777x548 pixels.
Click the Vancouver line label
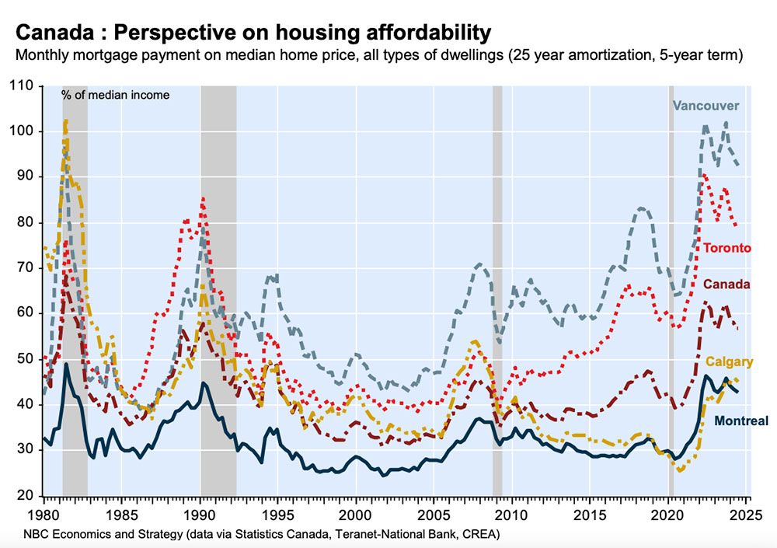pyautogui.click(x=706, y=106)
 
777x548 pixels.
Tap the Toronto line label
pyautogui.click(x=727, y=248)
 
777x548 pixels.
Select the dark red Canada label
pyautogui.click(x=726, y=284)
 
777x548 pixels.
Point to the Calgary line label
pyautogui.click(x=729, y=362)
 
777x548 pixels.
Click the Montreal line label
pyautogui.click(x=740, y=421)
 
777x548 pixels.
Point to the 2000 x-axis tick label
pyautogui.click(x=356, y=515)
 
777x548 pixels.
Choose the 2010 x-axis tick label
pyautogui.click(x=512, y=515)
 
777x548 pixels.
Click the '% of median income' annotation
pyautogui.click(x=116, y=95)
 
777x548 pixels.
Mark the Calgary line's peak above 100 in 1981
pyautogui.click(x=66, y=120)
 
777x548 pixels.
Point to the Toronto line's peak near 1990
pyautogui.click(x=203, y=199)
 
